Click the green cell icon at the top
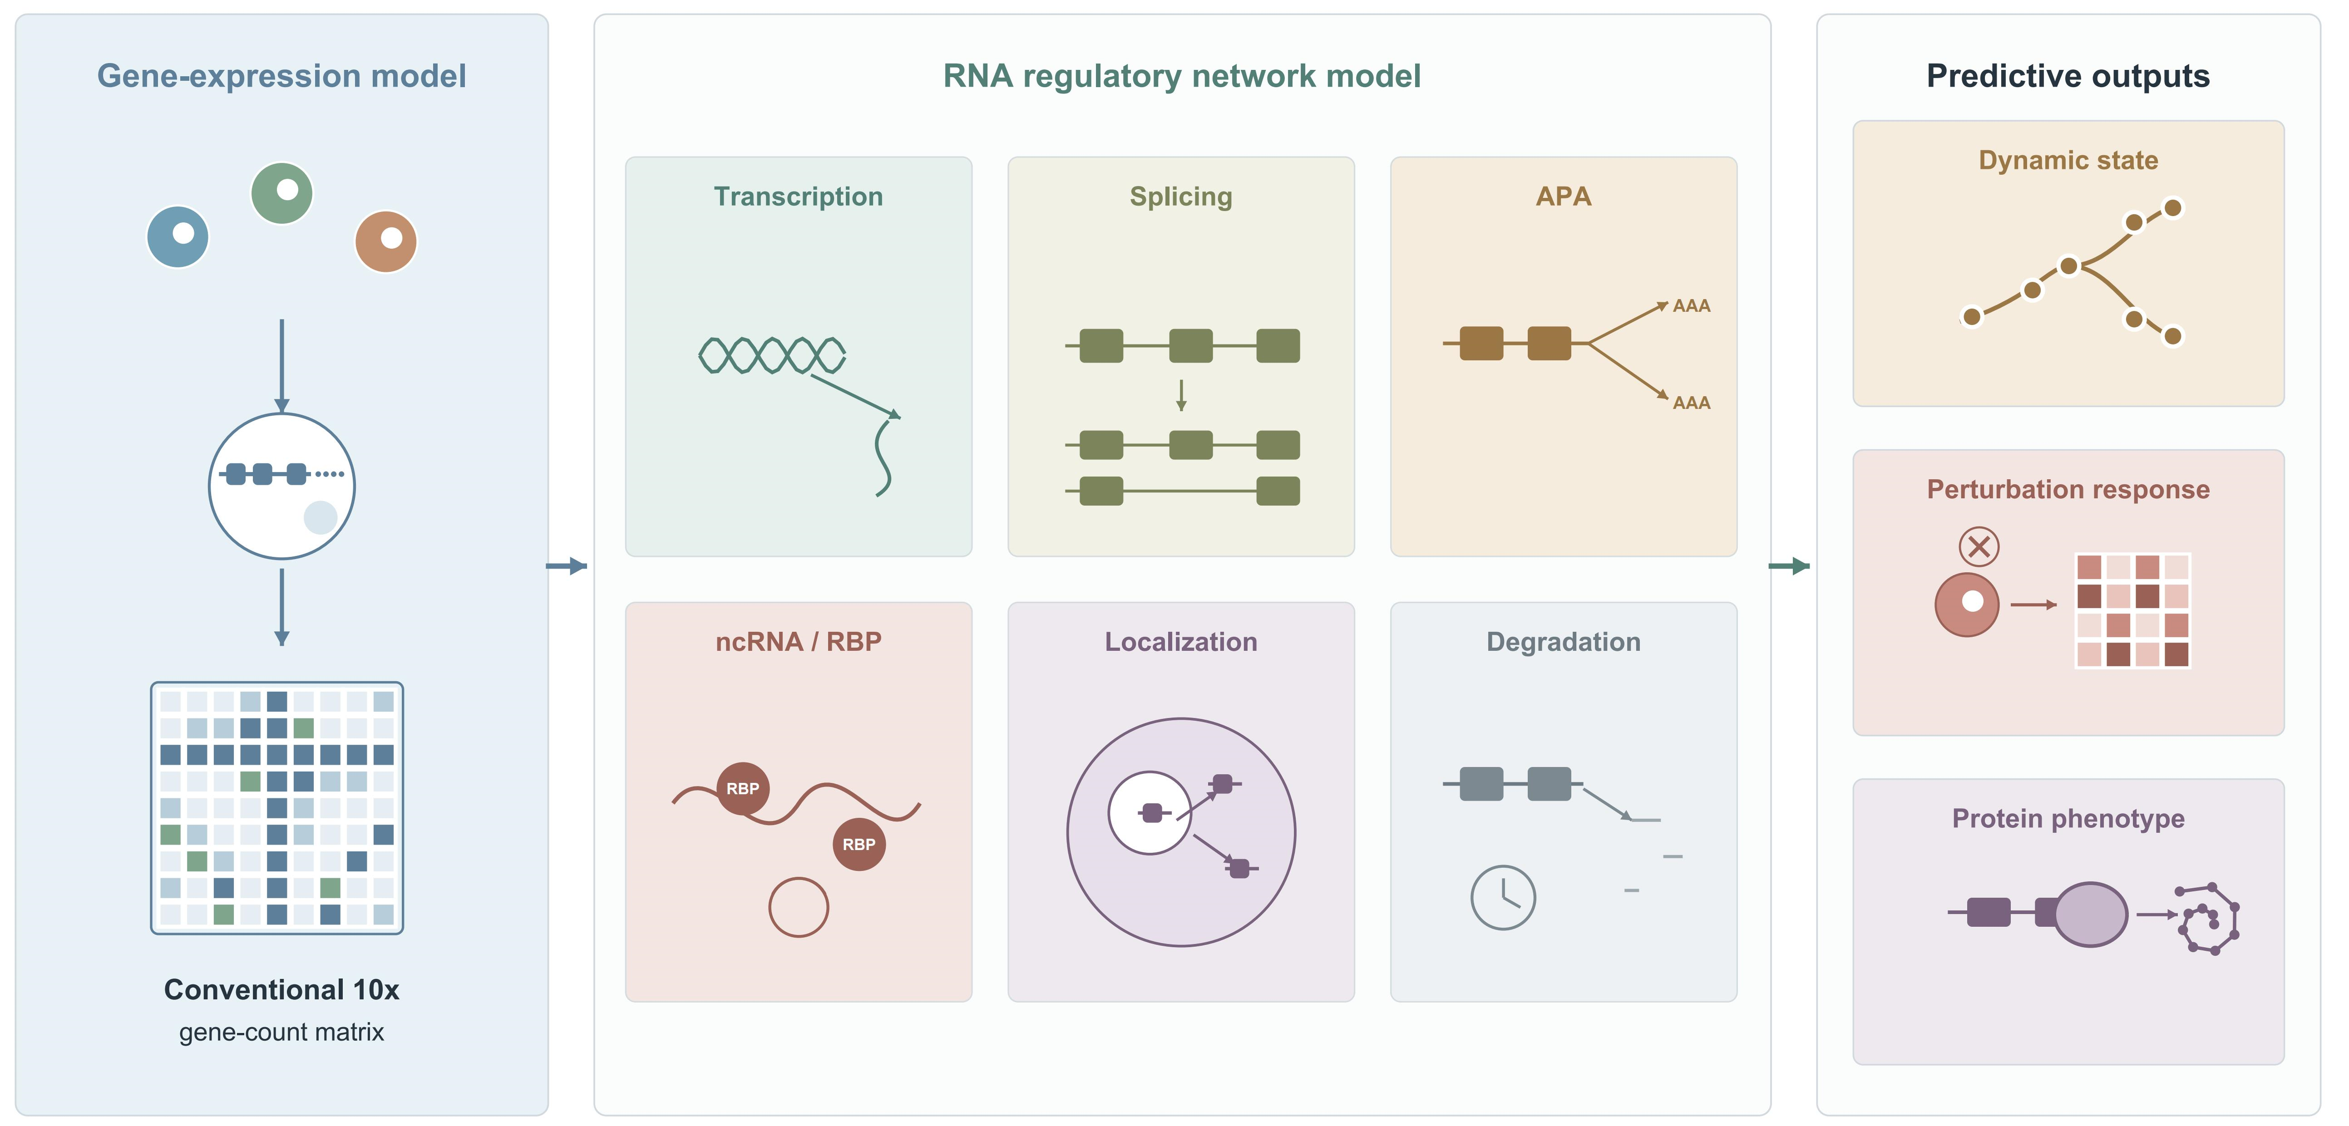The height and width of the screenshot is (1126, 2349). click(x=282, y=193)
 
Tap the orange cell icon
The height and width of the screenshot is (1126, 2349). click(x=386, y=241)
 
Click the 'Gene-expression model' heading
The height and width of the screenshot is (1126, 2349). click(x=282, y=76)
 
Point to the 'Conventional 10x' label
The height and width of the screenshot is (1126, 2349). click(x=282, y=989)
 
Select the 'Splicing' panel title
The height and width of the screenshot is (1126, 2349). click(x=1181, y=197)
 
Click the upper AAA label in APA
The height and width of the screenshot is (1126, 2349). click(x=1692, y=306)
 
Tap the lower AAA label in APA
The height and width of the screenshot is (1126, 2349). click(x=1692, y=403)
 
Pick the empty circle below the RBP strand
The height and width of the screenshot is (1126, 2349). click(x=799, y=907)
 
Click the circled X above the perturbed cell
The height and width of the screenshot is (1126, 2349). click(x=1979, y=547)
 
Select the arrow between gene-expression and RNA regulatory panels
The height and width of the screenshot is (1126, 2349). click(x=566, y=566)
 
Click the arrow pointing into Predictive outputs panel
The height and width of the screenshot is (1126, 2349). click(x=1789, y=566)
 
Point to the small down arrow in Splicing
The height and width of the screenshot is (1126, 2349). click(x=1181, y=395)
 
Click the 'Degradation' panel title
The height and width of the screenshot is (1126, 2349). click(x=1563, y=642)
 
